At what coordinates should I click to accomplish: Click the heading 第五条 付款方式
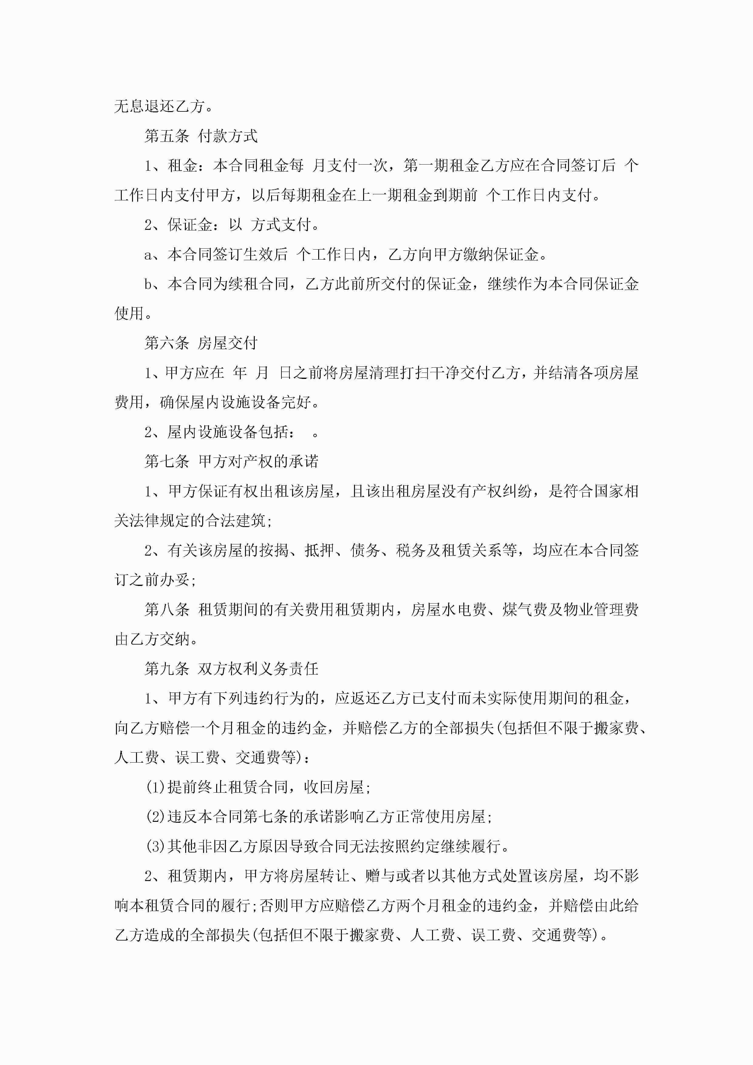tap(201, 136)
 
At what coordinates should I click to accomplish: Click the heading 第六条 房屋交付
tap(201, 343)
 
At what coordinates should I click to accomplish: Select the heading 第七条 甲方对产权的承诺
tap(231, 461)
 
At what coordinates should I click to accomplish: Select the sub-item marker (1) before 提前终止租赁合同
tap(155, 787)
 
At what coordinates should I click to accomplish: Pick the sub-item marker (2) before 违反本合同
tap(155, 817)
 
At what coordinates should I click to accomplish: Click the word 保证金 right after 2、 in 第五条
tap(190, 225)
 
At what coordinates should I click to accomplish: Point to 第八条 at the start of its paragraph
tap(167, 610)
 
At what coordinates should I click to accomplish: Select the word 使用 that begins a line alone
tap(129, 314)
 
